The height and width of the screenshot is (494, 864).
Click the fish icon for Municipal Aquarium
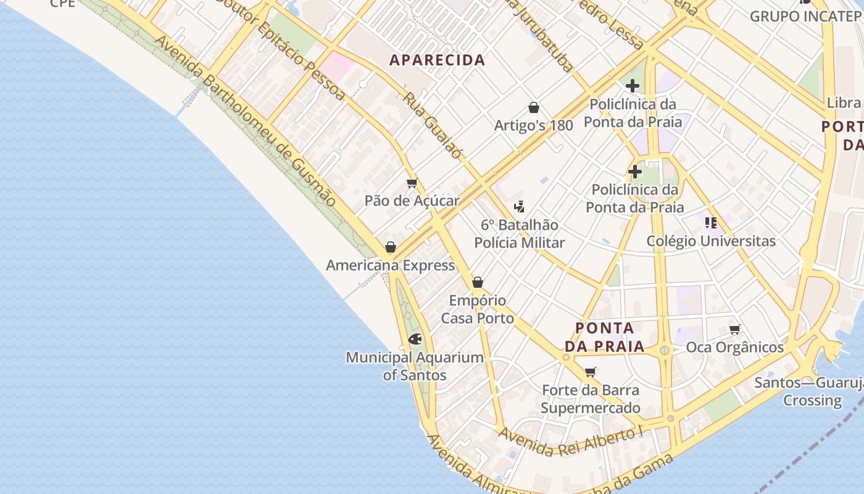[415, 339]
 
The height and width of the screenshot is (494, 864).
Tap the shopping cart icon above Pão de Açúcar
[412, 183]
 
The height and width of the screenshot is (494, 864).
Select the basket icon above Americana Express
[391, 248]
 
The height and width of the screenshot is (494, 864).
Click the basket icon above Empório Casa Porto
[477, 283]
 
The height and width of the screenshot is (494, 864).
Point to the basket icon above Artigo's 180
[534, 107]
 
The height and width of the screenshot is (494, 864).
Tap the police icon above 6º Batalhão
[519, 207]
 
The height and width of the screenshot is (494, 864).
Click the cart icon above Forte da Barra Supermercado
[591, 372]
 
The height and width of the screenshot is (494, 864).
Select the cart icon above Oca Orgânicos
[734, 329]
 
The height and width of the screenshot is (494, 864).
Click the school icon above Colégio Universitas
[711, 223]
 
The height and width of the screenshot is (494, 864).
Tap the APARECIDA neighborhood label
[438, 61]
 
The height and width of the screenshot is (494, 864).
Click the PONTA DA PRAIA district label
[605, 337]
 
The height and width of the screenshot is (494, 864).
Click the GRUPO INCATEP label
[805, 17]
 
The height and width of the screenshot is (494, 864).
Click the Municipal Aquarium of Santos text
[415, 366]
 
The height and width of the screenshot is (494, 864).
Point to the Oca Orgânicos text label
[734, 348]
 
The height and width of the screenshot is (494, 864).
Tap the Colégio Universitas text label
[711, 241]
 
